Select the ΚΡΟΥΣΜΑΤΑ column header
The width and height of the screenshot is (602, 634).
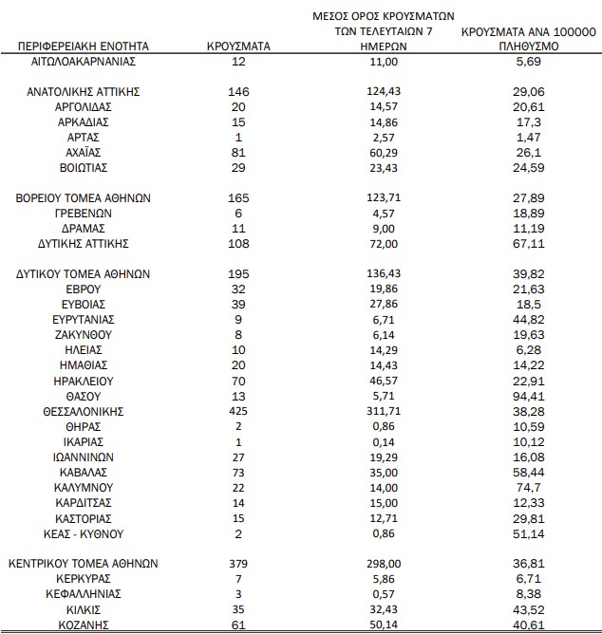click(x=238, y=46)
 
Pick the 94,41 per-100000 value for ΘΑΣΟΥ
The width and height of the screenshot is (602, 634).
click(x=527, y=396)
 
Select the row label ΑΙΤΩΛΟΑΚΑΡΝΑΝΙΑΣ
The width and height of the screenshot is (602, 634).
click(x=84, y=61)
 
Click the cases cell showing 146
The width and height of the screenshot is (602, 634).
click(x=238, y=91)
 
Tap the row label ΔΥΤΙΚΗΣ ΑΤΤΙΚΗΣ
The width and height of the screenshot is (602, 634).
click(x=84, y=243)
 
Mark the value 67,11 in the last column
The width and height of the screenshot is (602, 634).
click(x=527, y=243)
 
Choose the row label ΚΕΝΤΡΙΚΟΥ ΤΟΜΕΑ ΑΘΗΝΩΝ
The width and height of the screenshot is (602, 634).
click(x=84, y=563)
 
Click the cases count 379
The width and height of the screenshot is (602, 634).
click(x=238, y=563)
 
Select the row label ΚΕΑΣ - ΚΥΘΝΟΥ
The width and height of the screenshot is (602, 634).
click(x=84, y=533)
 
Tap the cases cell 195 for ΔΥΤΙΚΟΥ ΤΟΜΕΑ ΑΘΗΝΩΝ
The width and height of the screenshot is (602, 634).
click(x=238, y=273)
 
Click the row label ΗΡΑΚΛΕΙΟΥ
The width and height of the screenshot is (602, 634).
click(x=84, y=381)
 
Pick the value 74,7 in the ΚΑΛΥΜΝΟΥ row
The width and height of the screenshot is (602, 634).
click(x=527, y=487)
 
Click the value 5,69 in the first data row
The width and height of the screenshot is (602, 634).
click(x=527, y=61)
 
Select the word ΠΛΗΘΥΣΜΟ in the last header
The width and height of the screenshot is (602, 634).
click(x=527, y=46)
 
